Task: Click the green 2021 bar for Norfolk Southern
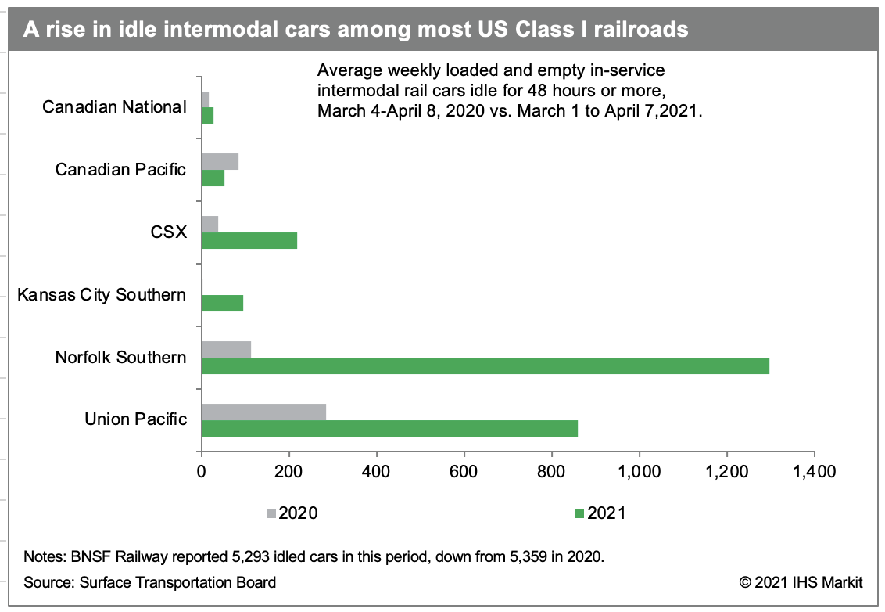[x=485, y=365]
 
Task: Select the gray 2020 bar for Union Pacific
[x=263, y=412]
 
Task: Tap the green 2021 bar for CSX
[x=249, y=240]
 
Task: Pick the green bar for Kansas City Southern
[x=222, y=303]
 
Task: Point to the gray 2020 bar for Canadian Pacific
[x=220, y=162]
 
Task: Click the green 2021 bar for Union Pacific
[x=389, y=428]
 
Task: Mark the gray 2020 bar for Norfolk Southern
[x=226, y=350]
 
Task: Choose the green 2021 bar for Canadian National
[x=207, y=116]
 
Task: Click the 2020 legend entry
[x=291, y=513]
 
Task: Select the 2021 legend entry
[x=600, y=513]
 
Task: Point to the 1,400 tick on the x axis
[x=814, y=472]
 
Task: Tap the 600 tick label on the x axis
[x=464, y=472]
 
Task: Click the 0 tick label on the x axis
[x=202, y=472]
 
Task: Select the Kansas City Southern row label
[x=102, y=295]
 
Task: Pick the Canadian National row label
[x=114, y=107]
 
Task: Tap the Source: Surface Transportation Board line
[x=149, y=582]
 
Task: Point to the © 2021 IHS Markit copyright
[x=801, y=582]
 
